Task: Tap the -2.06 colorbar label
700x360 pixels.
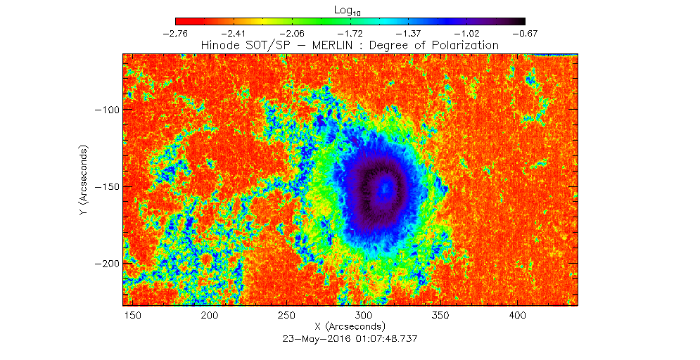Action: tap(292, 33)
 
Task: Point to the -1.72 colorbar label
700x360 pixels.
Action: tap(350, 33)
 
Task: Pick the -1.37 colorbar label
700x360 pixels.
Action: tap(409, 33)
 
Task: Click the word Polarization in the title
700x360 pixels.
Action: tap(464, 45)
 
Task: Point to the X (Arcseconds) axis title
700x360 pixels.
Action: tap(350, 326)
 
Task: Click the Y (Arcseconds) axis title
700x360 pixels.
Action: tap(84, 180)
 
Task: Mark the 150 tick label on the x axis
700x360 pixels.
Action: tap(132, 315)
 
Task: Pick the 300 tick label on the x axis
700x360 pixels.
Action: tap(363, 315)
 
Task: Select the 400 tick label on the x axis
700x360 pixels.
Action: tap(517, 315)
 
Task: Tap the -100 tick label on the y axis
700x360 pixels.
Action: tap(108, 110)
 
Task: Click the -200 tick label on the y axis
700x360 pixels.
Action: tap(108, 263)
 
